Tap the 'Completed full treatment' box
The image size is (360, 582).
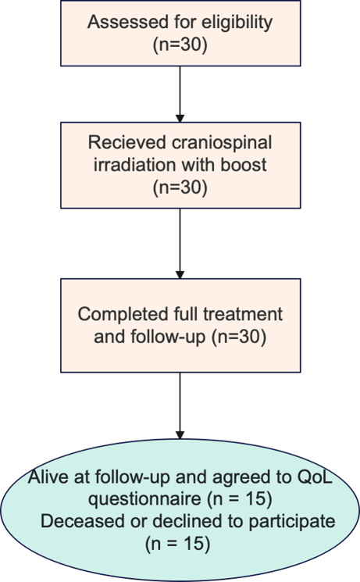180,327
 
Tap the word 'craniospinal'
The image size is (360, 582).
222,142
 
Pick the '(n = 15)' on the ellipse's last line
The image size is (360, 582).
180,540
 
